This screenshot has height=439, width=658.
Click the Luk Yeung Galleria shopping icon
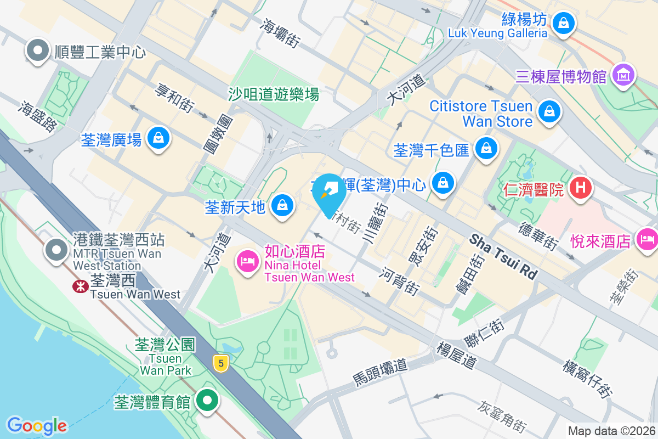(563, 23)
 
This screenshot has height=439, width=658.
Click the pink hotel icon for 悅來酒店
(647, 239)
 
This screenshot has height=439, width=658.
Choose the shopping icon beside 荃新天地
(282, 205)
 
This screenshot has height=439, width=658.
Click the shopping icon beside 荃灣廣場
(159, 138)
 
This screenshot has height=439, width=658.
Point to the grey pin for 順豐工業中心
(38, 50)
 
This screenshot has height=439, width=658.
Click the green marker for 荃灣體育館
(207, 400)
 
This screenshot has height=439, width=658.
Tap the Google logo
(37, 425)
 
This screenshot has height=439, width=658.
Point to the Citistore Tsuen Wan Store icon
(548, 111)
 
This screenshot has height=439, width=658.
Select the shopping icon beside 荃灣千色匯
(486, 148)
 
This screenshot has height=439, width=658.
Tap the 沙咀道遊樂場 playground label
(274, 94)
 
